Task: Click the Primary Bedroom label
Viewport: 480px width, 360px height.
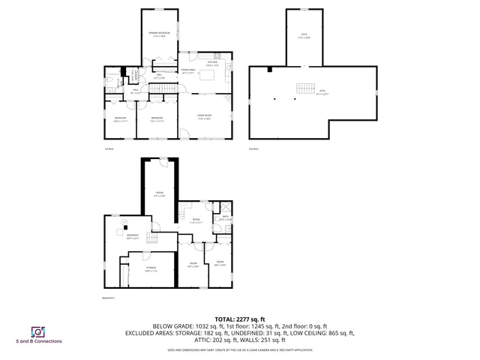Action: (159, 34)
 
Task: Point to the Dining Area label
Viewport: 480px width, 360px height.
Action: (188, 71)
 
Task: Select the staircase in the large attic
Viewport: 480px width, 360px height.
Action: (304, 88)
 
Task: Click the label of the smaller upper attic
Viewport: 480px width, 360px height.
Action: (304, 35)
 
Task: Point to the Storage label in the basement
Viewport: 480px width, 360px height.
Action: (151, 268)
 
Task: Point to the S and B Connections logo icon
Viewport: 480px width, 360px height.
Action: (36, 331)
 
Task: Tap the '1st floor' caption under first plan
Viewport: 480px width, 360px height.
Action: (109, 149)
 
